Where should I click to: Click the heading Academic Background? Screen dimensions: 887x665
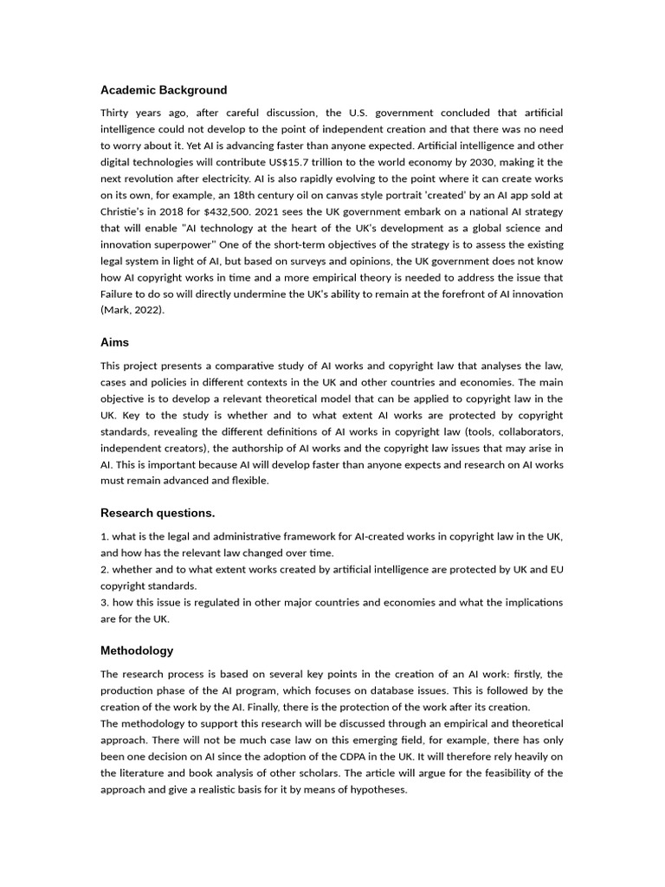(164, 90)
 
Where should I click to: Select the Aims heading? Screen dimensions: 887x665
(114, 343)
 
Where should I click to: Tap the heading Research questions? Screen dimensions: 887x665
(158, 513)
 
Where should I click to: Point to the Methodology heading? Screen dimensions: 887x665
(137, 651)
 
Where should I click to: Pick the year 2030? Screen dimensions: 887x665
(490, 163)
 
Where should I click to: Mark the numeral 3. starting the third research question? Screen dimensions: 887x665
(105, 602)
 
